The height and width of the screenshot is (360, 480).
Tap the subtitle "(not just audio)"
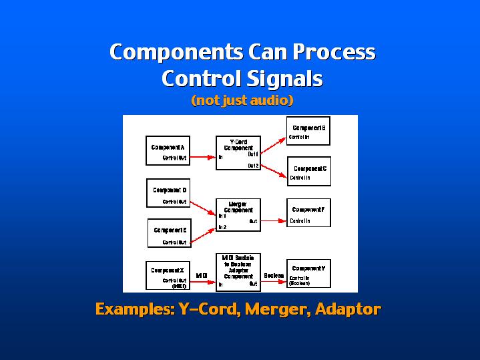tap(242, 101)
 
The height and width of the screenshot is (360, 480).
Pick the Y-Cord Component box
tap(238, 153)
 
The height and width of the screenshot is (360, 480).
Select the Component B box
tap(308, 131)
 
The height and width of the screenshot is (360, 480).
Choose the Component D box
tap(167, 193)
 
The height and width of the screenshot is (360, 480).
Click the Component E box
tap(168, 233)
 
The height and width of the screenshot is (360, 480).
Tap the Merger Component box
tap(238, 214)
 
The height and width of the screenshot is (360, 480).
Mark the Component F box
tap(308, 214)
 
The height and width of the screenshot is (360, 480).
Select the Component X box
tap(167, 275)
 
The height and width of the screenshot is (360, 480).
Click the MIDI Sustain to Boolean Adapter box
tap(238, 271)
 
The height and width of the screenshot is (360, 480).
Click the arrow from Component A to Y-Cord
tap(202, 158)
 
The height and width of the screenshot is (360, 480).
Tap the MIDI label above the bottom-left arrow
tap(201, 275)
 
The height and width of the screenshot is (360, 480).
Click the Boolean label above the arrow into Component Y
tap(274, 275)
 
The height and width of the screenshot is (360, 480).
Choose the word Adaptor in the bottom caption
tap(348, 309)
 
